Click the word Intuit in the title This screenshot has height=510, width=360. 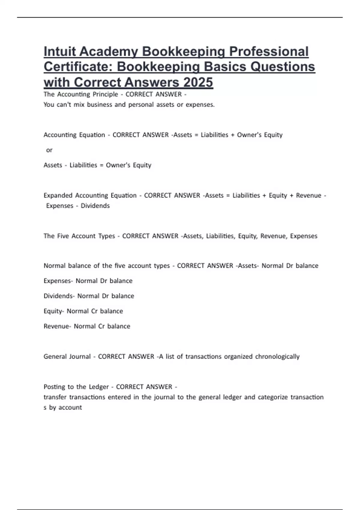coord(60,52)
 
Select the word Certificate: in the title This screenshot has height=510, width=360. coord(78,67)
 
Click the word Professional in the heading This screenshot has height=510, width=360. coord(269,52)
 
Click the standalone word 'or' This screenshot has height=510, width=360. coord(49,150)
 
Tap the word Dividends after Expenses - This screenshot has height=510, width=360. coord(95,206)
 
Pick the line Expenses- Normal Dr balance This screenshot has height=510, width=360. coord(88,281)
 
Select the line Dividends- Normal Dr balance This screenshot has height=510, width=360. coord(89,296)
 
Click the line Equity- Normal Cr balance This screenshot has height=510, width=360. coord(83,311)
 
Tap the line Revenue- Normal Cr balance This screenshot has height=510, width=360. coord(87,326)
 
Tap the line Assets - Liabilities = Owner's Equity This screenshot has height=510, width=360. coord(97,165)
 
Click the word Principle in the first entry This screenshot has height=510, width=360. coord(105,94)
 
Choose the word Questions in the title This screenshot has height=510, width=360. coord(283,67)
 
